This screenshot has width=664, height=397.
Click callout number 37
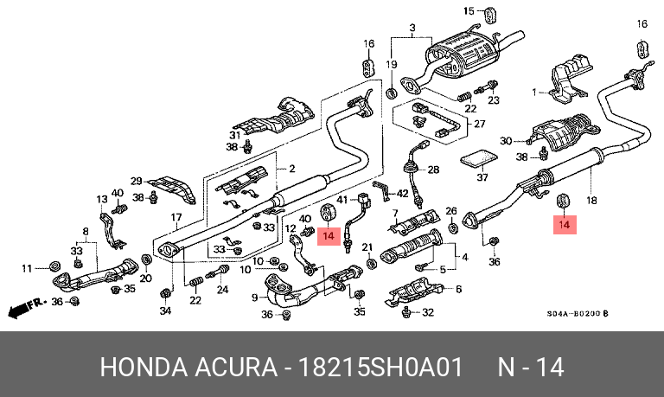[x=482, y=177]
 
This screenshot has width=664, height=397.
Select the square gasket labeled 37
[x=477, y=159]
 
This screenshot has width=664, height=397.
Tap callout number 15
[x=469, y=11]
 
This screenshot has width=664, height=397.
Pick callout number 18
[x=591, y=200]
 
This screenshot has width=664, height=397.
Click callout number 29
[x=136, y=181]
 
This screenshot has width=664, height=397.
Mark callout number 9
[x=255, y=298]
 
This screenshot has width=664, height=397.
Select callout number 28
[x=434, y=170]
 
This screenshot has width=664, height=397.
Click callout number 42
[x=402, y=194]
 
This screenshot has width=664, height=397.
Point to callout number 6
[x=458, y=289]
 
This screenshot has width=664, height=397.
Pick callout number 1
[x=534, y=91]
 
